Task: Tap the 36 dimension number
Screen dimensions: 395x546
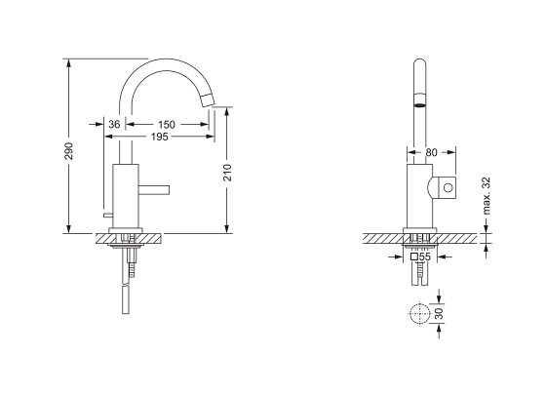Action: (x=114, y=125)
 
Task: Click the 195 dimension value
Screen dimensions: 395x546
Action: (x=159, y=138)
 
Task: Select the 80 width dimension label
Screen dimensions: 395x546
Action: (x=432, y=152)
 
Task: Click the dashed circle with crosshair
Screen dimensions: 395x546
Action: (x=418, y=315)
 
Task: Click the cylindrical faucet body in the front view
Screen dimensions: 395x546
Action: (x=416, y=195)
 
